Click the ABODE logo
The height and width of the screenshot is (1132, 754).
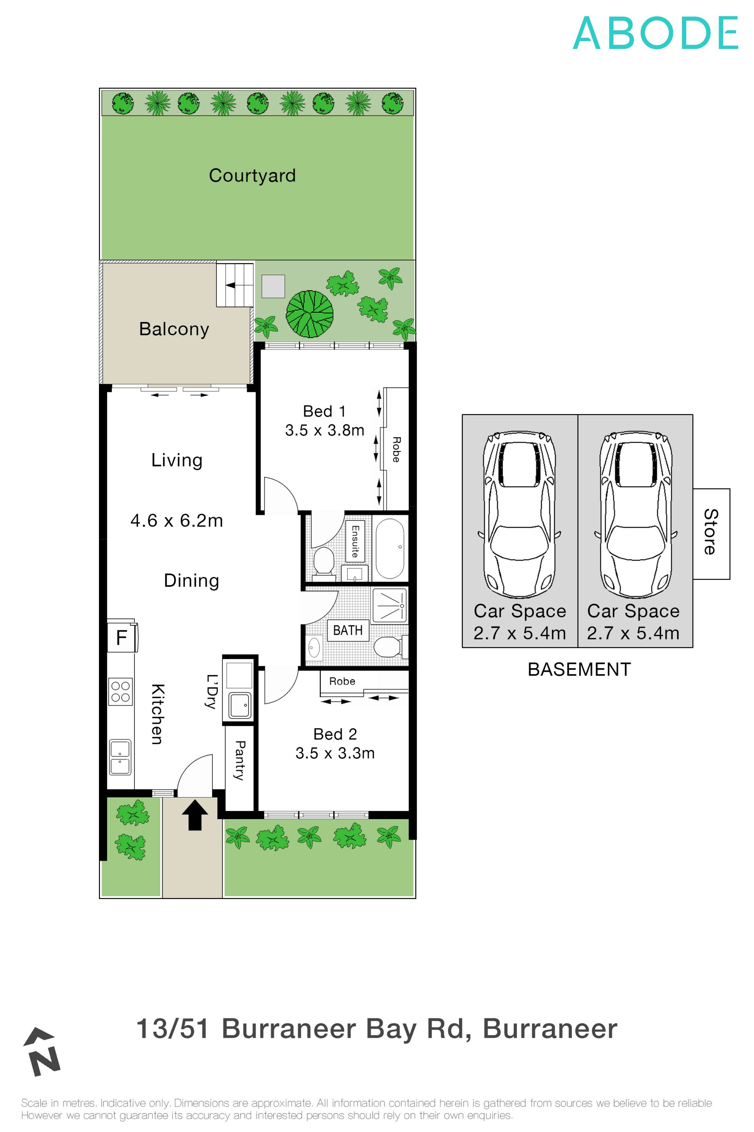click(x=655, y=33)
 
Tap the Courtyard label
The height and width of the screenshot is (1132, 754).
click(x=252, y=176)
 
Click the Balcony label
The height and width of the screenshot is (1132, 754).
click(x=174, y=329)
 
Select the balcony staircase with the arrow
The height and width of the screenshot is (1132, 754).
click(x=235, y=285)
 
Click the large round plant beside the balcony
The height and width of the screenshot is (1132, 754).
click(x=310, y=314)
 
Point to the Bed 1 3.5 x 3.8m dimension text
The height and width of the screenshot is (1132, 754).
click(x=325, y=430)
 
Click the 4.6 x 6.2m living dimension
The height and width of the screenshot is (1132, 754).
click(x=176, y=521)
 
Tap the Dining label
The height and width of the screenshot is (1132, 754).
click(x=191, y=581)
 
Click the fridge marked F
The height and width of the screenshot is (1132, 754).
click(x=122, y=638)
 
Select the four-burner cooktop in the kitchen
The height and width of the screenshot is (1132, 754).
click(x=120, y=692)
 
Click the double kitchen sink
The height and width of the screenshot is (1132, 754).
click(x=120, y=757)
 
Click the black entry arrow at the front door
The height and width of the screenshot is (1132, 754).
click(x=195, y=815)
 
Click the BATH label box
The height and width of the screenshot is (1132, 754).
click(x=348, y=630)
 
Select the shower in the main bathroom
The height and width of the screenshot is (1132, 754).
click(x=390, y=605)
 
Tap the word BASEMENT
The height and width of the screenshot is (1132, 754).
click(x=579, y=669)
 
